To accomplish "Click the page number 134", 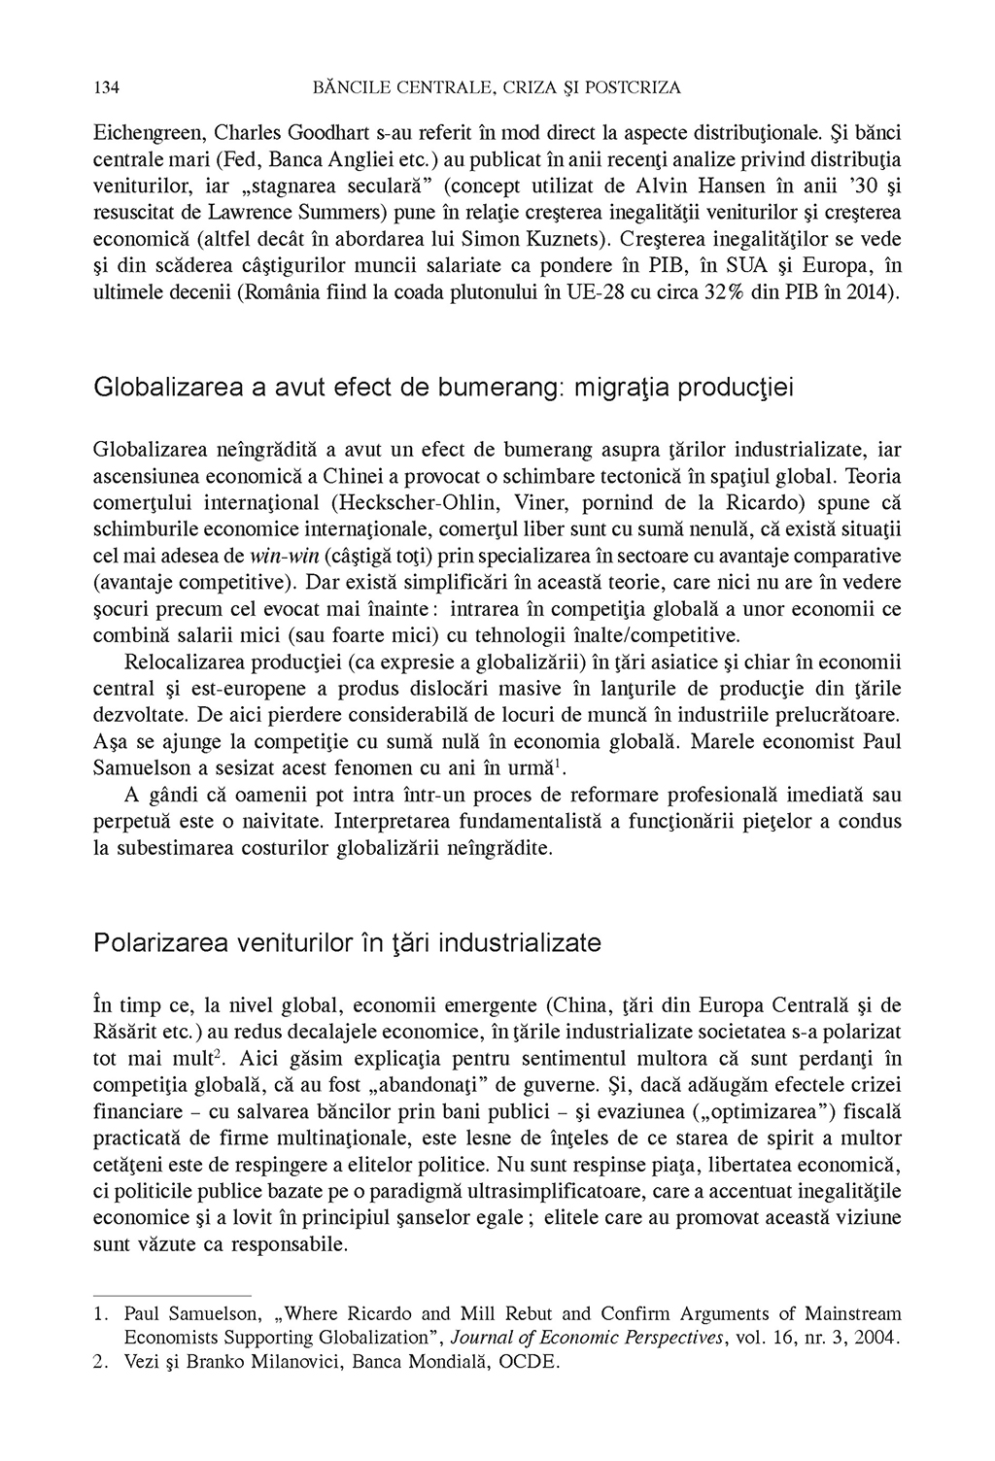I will pos(106,88).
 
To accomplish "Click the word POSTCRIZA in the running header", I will pos(631,88).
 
